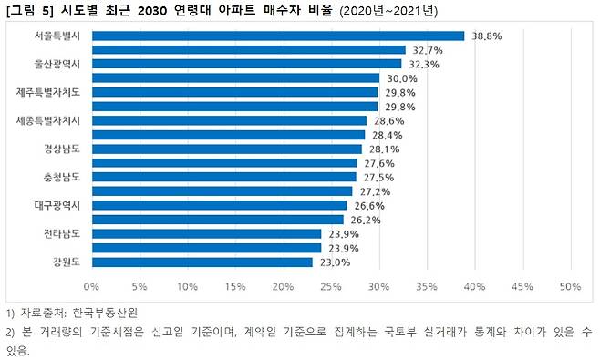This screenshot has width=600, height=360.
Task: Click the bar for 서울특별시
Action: (x=278, y=36)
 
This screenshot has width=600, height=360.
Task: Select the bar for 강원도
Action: (x=202, y=262)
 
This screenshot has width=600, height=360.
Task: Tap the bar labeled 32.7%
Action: (x=249, y=50)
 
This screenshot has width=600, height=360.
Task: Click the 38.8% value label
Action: (x=487, y=36)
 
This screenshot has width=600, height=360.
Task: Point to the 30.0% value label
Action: (x=403, y=78)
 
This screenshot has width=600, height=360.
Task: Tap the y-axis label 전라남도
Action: (x=62, y=234)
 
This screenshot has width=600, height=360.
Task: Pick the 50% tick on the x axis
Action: (x=570, y=287)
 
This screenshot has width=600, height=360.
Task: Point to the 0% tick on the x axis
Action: (x=92, y=287)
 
